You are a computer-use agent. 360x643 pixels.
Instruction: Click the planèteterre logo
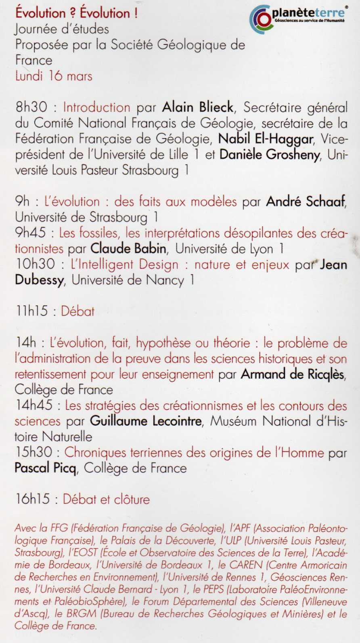[298, 19]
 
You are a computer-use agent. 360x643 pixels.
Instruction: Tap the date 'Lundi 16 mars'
[54, 76]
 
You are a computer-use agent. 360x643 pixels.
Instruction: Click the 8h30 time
[31, 107]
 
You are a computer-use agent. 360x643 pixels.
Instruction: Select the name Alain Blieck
[198, 107]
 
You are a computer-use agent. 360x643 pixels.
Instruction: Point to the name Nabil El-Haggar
[266, 139]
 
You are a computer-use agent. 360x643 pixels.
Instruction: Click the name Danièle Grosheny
[270, 155]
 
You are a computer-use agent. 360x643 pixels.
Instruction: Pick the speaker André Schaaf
[306, 201]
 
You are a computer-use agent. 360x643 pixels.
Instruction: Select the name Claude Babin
[128, 248]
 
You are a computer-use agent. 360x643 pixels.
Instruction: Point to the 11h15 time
[32, 311]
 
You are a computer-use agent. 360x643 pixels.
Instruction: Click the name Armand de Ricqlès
[293, 374]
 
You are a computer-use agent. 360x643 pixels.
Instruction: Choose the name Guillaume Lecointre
[146, 421]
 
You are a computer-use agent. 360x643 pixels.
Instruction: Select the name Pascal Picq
[45, 468]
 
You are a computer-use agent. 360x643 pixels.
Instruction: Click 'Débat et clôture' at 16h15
[106, 499]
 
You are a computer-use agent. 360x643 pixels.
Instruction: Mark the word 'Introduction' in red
[96, 107]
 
